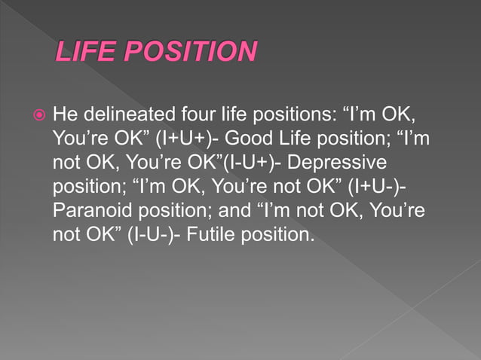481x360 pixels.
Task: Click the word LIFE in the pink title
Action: pos(84,52)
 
